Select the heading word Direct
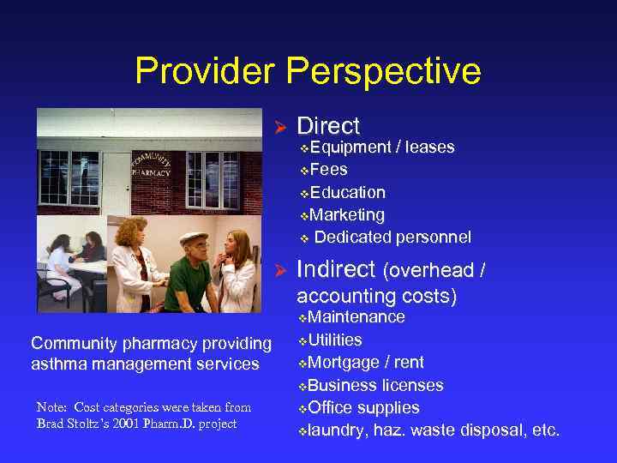(328, 126)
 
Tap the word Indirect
(336, 270)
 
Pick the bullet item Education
(347, 192)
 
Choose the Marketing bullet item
(347, 214)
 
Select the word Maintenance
(356, 317)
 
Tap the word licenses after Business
(410, 385)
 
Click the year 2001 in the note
(134, 424)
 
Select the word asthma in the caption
(58, 364)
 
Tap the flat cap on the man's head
(194, 238)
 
